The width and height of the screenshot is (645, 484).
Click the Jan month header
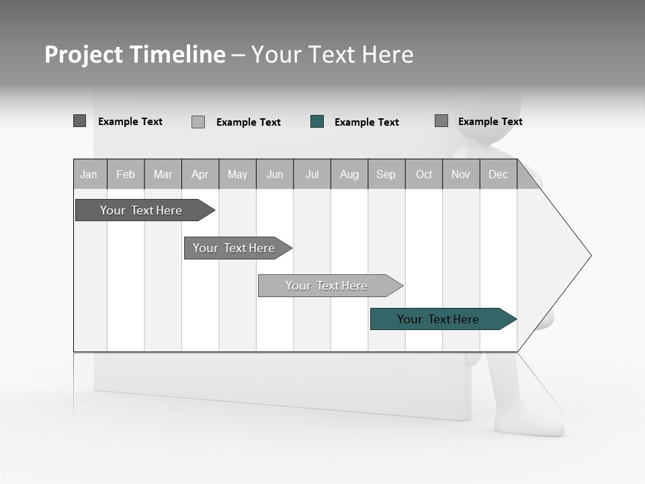tap(89, 174)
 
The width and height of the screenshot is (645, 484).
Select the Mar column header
tap(163, 174)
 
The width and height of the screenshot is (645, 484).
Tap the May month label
tap(237, 174)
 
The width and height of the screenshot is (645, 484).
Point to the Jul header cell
tap(312, 174)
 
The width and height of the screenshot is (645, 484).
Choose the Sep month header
tap(386, 174)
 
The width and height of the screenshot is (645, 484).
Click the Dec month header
tap(498, 174)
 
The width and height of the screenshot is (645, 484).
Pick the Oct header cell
tap(424, 174)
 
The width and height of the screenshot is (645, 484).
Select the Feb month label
tap(126, 174)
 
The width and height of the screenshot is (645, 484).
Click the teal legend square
tap(317, 122)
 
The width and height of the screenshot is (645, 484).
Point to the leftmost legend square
tap(79, 121)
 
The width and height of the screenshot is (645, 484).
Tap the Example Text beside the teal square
tap(366, 122)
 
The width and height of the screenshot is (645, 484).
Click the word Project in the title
tap(83, 54)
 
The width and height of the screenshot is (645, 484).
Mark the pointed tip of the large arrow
tap(589, 255)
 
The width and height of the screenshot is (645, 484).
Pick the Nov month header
tap(460, 174)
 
